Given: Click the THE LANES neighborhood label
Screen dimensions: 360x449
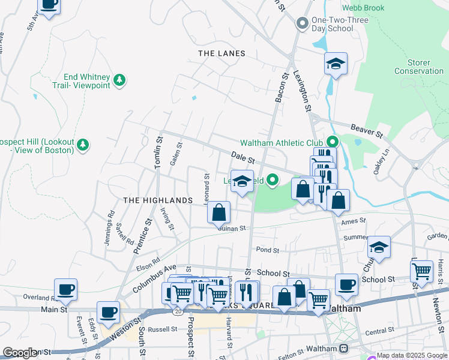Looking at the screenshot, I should click(x=221, y=53).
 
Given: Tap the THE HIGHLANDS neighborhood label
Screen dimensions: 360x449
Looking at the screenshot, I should click(x=157, y=200).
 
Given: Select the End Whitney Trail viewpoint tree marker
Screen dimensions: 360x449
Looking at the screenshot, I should click(x=120, y=80).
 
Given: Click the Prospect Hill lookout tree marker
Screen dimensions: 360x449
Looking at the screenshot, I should click(x=83, y=145).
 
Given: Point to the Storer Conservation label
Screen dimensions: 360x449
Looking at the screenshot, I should click(x=418, y=67).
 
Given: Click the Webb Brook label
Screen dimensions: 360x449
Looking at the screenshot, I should click(x=363, y=8).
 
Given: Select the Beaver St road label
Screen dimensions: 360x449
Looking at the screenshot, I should click(x=366, y=130).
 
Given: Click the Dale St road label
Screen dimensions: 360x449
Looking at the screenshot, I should click(x=244, y=158).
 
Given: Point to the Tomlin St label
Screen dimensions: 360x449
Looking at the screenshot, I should click(x=158, y=153).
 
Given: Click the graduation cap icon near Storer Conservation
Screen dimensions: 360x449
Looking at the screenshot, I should click(x=336, y=64).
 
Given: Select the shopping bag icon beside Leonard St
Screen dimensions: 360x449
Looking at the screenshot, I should click(x=218, y=212).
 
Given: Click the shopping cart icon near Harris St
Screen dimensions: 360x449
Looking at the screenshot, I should click(x=422, y=271).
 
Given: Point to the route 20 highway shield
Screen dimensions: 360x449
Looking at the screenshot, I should click(x=177, y=311).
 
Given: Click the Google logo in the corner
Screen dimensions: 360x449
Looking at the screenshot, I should click(x=19, y=353).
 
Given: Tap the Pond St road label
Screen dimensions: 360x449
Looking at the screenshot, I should click(x=268, y=250).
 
